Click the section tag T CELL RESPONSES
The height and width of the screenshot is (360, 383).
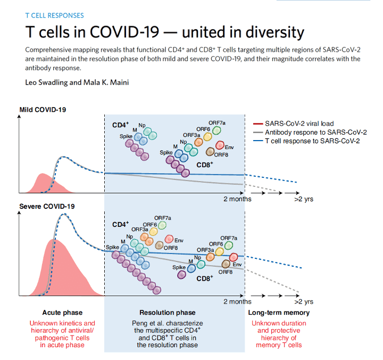pyautogui.click(x=54, y=15)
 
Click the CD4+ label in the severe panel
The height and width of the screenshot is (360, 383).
pyautogui.click(x=121, y=225)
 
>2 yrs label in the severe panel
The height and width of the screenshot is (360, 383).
pyautogui.click(x=304, y=302)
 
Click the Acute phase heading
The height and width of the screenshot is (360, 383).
pyautogui.click(x=62, y=313)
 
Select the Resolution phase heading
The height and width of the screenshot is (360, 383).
pyautogui.click(x=167, y=313)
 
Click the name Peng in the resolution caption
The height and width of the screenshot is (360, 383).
pyautogui.click(x=140, y=323)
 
